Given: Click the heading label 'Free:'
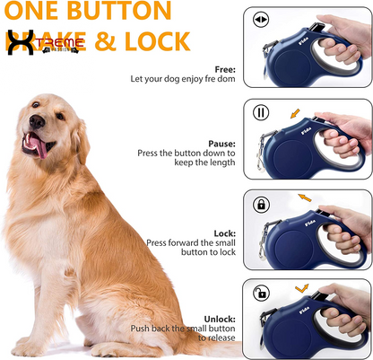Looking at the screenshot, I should [x=224, y=68].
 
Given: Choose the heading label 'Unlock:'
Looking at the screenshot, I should [x=220, y=318].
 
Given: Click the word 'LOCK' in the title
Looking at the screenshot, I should [x=154, y=41].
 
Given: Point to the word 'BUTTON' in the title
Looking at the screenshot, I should [x=126, y=12].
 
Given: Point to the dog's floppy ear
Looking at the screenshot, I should [x=81, y=135].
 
